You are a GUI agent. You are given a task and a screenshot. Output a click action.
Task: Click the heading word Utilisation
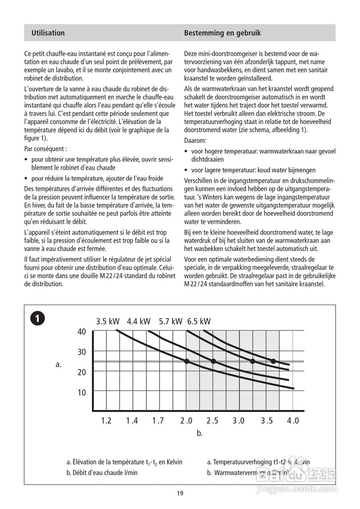48,33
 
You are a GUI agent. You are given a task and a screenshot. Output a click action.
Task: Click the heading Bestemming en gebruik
222,33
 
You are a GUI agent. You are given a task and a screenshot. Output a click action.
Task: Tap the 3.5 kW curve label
108,321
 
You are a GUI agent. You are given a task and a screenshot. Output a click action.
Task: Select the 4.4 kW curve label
139,321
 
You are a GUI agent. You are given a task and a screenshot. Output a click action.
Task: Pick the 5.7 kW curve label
170,321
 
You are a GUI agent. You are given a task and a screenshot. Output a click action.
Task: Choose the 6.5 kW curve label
199,321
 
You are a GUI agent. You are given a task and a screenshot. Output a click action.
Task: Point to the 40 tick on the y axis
82,332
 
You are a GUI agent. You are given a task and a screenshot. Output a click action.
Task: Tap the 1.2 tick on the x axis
106,421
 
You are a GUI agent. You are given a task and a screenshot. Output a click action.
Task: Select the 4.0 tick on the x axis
293,421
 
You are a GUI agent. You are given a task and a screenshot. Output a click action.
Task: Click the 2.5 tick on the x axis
213,421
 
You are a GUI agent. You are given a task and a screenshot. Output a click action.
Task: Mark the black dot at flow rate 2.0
187,361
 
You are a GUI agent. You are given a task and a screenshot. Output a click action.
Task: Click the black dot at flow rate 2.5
213,361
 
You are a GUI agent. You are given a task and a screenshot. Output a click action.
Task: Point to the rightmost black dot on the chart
273,361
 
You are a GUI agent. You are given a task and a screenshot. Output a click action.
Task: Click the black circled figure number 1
37,319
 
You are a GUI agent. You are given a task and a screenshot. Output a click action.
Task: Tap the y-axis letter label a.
58,364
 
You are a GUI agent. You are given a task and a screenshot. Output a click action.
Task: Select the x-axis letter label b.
200,433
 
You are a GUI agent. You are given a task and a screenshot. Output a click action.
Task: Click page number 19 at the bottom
180,493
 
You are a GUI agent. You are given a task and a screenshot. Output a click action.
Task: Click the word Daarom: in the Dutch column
195,140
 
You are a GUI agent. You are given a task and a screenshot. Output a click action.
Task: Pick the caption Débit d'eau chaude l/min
102,473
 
